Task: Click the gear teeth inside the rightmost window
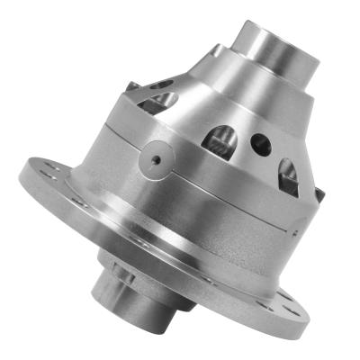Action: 288,180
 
